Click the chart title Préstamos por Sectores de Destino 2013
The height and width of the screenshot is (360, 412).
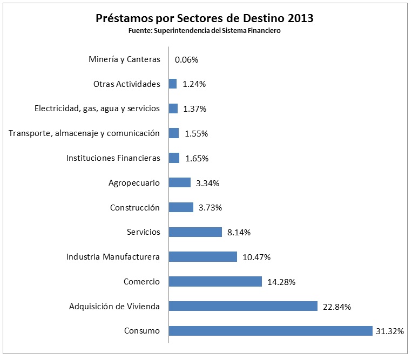point(205,18)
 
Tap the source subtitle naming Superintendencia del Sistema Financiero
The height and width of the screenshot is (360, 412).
point(205,31)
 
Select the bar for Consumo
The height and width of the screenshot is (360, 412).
point(271,331)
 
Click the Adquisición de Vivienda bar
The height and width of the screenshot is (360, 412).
point(243,306)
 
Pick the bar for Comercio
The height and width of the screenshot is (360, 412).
point(215,281)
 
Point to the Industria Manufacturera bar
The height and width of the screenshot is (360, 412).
point(203,256)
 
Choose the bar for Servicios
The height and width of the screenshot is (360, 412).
point(195,232)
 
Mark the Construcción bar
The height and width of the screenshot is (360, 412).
point(181,207)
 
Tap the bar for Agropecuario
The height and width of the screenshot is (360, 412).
point(180,182)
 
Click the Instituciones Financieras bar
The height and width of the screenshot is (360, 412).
point(174,158)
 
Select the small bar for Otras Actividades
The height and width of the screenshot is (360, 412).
point(173,84)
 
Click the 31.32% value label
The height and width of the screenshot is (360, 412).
point(389,331)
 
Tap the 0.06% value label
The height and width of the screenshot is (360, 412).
point(186,60)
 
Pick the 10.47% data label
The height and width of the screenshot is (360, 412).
point(256,257)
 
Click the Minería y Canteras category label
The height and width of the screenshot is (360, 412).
point(124,59)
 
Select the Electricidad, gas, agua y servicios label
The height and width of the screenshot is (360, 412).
point(97,108)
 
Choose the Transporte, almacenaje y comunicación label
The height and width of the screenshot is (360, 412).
point(84,133)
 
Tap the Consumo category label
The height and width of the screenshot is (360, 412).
point(142,331)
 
